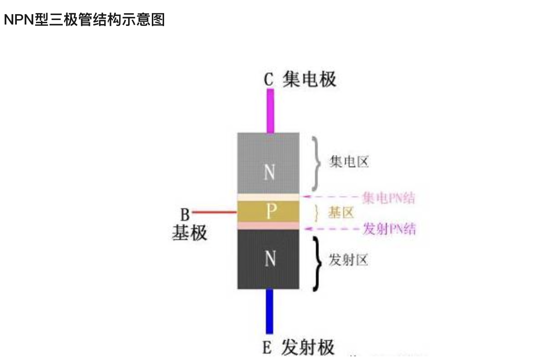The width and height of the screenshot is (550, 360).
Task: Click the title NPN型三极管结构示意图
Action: click(x=84, y=20)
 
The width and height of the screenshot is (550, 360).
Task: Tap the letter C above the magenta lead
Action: click(x=269, y=80)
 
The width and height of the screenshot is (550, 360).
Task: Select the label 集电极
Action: click(x=309, y=79)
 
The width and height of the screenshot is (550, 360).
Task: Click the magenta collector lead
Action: click(x=270, y=110)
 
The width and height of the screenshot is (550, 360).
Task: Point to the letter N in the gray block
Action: click(x=269, y=172)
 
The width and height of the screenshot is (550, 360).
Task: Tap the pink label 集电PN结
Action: click(x=389, y=198)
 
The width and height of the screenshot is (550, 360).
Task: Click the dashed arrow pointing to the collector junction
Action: click(x=332, y=197)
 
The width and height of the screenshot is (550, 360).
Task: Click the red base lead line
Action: click(x=214, y=212)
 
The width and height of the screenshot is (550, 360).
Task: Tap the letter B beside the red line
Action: click(x=185, y=214)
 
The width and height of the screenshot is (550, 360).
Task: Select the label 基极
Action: click(x=189, y=233)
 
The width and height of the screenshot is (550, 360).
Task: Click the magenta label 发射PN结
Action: click(x=389, y=229)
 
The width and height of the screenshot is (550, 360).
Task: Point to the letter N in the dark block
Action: click(x=270, y=259)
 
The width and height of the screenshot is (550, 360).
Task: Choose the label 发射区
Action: click(x=349, y=260)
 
